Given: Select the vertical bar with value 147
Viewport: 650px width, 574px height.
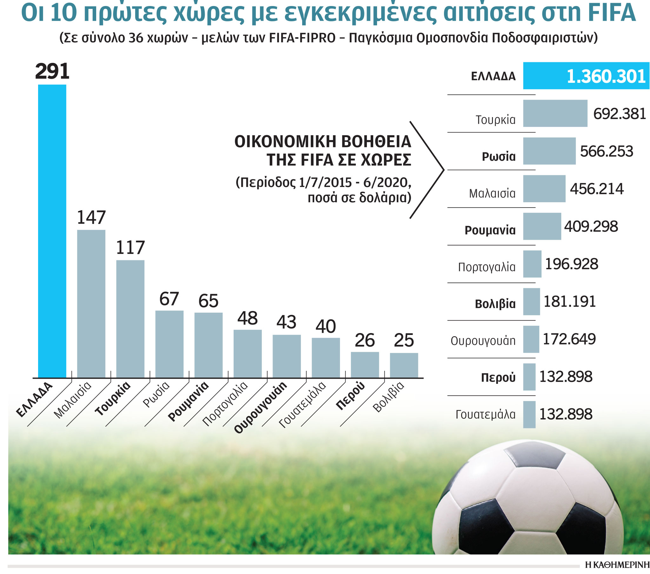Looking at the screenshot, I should click(x=91, y=304).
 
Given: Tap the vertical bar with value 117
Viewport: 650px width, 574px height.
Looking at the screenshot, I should click(x=130, y=319).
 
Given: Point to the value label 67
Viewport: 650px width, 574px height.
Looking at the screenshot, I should click(x=169, y=299).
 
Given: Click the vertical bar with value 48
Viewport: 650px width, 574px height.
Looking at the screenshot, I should click(x=248, y=353).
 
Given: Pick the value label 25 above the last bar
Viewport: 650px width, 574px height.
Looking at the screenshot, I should click(x=404, y=340).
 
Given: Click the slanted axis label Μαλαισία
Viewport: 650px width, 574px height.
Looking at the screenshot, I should click(x=72, y=400).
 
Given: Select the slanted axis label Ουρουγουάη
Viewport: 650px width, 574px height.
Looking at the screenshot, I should click(x=261, y=407).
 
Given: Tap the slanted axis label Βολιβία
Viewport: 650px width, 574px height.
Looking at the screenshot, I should click(x=388, y=397).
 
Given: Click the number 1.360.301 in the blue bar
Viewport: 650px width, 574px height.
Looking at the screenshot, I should click(x=606, y=77).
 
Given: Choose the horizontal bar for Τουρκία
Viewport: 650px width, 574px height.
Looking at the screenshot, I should click(x=555, y=114).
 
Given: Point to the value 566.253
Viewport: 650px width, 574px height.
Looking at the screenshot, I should click(x=607, y=151).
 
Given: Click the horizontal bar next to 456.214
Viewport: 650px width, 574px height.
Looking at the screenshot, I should click(x=544, y=189).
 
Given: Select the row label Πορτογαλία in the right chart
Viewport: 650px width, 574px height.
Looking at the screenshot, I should click(x=487, y=267).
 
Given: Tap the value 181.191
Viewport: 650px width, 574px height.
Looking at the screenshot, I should click(x=570, y=302).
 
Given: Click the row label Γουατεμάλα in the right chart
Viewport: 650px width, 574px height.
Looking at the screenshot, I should click(x=485, y=415).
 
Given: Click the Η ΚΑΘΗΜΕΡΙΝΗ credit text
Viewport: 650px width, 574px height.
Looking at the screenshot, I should click(x=617, y=565).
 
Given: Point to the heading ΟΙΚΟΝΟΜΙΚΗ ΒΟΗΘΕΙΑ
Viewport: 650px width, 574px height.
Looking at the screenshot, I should click(x=323, y=142).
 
